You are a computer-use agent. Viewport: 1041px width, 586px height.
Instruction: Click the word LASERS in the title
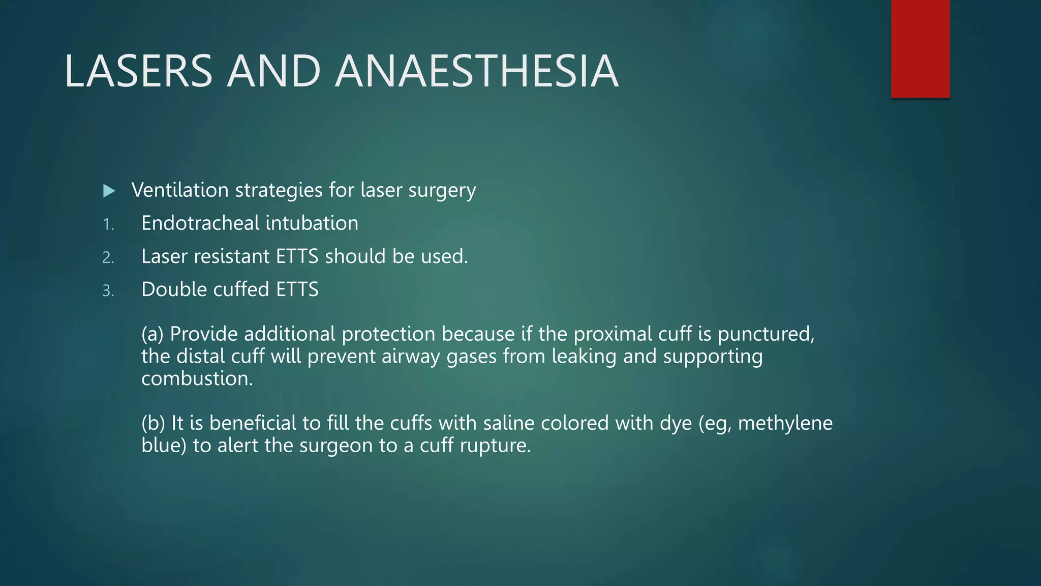[x=138, y=71]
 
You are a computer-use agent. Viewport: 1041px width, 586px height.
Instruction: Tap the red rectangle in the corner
[x=920, y=48]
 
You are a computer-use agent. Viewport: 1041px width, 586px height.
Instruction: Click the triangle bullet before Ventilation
[x=109, y=191]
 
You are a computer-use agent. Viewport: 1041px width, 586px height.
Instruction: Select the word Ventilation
[x=180, y=190]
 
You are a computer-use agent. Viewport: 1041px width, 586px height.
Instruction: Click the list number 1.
[x=108, y=224]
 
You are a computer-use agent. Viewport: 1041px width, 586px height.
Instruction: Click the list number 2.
[x=108, y=257]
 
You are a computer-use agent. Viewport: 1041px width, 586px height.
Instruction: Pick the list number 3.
[x=108, y=290]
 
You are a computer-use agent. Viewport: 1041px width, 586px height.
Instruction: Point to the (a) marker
[x=152, y=335]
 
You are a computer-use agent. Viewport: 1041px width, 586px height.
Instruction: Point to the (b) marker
[x=153, y=424]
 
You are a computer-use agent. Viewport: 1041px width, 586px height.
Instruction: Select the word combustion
[x=196, y=379]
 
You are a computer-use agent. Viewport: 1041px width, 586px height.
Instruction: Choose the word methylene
[x=785, y=424]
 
